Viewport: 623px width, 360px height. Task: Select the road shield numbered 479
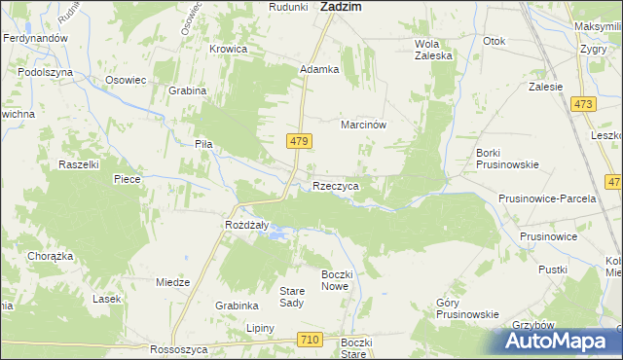pos(300,142)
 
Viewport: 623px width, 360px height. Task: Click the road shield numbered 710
pos(310,339)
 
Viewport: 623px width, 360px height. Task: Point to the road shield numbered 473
pos(583,105)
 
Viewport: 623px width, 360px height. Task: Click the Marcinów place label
pos(365,126)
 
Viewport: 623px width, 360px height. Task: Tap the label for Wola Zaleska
pos(434,50)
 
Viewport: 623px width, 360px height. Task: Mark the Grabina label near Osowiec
pos(188,90)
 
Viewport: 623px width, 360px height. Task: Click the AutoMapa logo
pos(557,341)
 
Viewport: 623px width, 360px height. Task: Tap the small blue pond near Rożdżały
pos(278,234)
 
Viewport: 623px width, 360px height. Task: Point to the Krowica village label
pos(229,49)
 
